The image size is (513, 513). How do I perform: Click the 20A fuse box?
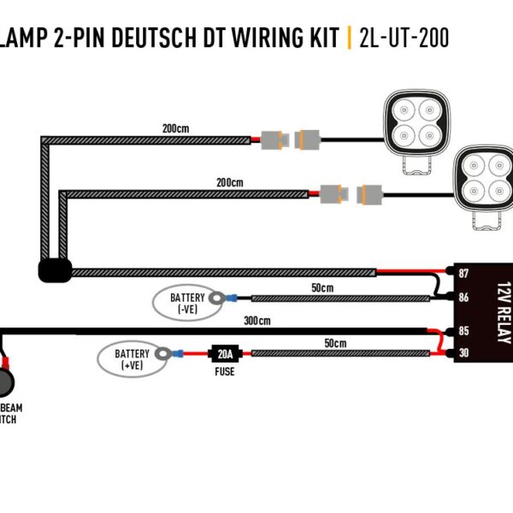pyautogui.click(x=225, y=354)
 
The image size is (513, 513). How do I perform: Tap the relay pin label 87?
pyautogui.click(x=463, y=274)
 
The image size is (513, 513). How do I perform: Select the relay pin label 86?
pyautogui.click(x=463, y=298)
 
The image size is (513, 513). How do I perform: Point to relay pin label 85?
pyautogui.click(x=463, y=331)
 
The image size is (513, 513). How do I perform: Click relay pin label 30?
pyautogui.click(x=463, y=352)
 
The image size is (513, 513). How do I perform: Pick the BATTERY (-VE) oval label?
pyautogui.click(x=187, y=303)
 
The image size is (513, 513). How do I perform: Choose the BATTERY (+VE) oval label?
pyautogui.click(x=133, y=359)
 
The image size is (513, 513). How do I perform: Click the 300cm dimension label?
pyautogui.click(x=257, y=321)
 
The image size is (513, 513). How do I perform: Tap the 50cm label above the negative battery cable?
pyautogui.click(x=322, y=288)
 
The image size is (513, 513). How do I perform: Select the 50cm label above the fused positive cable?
pyautogui.click(x=335, y=343)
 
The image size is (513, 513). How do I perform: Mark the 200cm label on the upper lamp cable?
pyautogui.click(x=175, y=128)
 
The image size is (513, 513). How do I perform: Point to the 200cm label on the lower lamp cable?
pyautogui.click(x=230, y=183)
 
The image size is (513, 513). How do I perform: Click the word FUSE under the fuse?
pyautogui.click(x=225, y=372)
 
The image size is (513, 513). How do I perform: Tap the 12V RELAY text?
pyautogui.click(x=504, y=313)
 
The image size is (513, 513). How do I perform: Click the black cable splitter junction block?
pyautogui.click(x=55, y=270)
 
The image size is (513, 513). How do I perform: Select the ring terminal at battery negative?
pyautogui.click(x=217, y=298)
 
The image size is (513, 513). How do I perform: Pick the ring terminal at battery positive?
pyautogui.click(x=163, y=354)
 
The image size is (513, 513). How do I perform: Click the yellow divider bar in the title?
pyautogui.click(x=349, y=38)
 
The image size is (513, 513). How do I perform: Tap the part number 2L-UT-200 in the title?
pyautogui.click(x=404, y=38)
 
